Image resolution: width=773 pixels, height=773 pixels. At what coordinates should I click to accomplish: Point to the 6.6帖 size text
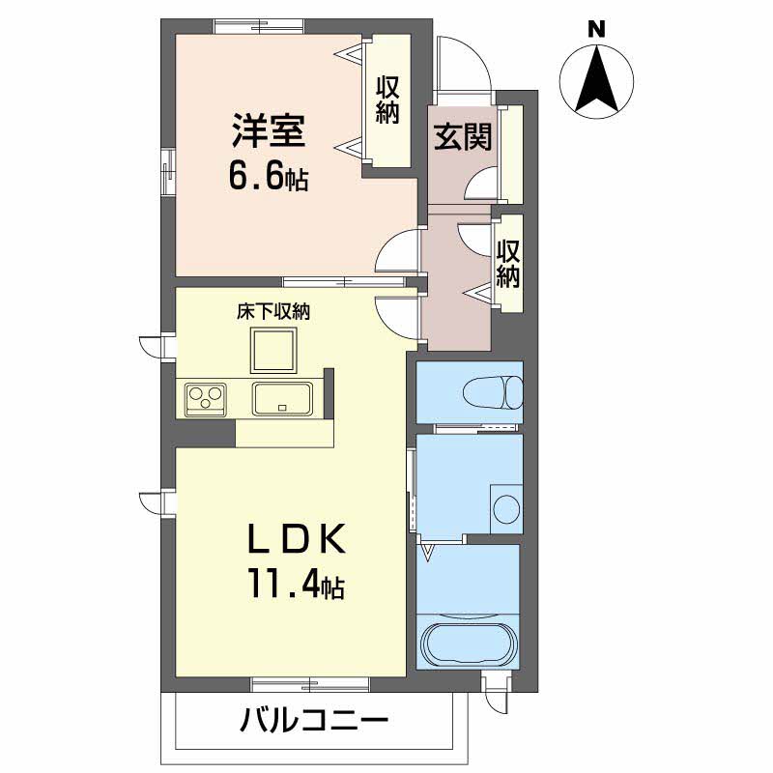pyautogui.click(x=268, y=177)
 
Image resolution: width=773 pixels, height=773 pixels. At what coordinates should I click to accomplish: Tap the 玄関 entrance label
pyautogui.click(x=462, y=137)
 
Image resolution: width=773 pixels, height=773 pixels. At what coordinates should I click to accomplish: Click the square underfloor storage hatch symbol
pyautogui.click(x=272, y=349)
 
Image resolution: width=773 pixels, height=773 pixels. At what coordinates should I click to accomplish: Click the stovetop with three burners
pyautogui.click(x=205, y=398)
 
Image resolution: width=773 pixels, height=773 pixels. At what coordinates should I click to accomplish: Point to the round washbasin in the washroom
pyautogui.click(x=506, y=509)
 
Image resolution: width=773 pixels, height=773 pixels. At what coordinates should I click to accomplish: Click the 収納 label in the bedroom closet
pyautogui.click(x=387, y=100)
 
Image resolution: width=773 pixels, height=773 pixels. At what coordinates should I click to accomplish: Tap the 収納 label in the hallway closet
pyautogui.click(x=508, y=265)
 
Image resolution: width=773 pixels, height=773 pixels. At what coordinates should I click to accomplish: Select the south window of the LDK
pyautogui.click(x=309, y=684)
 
